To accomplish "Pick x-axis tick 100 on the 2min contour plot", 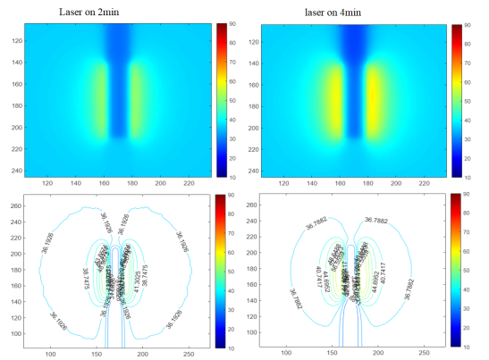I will pyautogui.click(x=50, y=355).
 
